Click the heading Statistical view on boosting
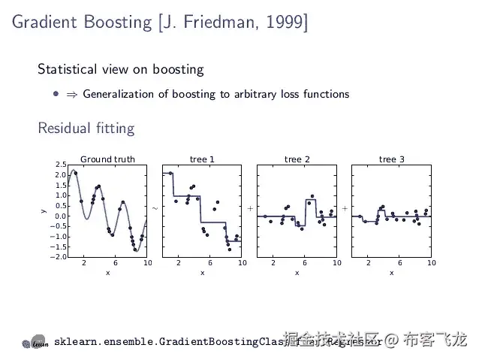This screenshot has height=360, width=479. click(121, 69)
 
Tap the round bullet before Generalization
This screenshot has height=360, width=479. click(56, 94)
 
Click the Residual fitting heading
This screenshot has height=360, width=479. click(86, 128)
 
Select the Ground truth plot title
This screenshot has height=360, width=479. click(108, 159)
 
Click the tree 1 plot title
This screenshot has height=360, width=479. click(202, 159)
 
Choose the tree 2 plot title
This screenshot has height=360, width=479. click(297, 159)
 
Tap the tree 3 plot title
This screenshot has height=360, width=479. click(391, 159)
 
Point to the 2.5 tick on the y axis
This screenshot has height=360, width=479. click(60, 165)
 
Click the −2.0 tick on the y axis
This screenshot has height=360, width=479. click(59, 257)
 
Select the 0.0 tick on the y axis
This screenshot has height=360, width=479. click(60, 216)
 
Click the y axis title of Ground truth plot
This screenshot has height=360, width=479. click(44, 211)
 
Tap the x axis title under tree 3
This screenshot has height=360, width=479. click(391, 273)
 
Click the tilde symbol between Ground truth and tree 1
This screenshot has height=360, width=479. click(155, 207)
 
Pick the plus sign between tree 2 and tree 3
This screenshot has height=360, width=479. click(345, 207)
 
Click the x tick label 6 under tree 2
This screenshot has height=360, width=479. click(305, 263)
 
